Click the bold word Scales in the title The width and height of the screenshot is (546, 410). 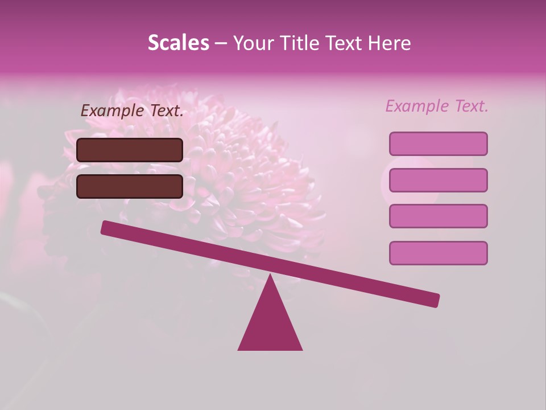(178, 43)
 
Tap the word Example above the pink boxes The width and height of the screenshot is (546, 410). (417, 106)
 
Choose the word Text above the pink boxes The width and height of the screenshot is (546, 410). (471, 106)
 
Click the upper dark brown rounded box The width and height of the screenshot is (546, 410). (130, 150)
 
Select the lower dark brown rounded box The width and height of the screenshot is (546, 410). (130, 186)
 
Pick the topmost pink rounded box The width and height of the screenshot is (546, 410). (438, 143)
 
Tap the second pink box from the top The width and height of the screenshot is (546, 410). (438, 180)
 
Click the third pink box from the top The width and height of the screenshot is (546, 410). (438, 216)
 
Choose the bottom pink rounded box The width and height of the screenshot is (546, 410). (438, 253)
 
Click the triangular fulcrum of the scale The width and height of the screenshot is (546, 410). (270, 325)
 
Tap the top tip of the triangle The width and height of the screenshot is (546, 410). (270, 277)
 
